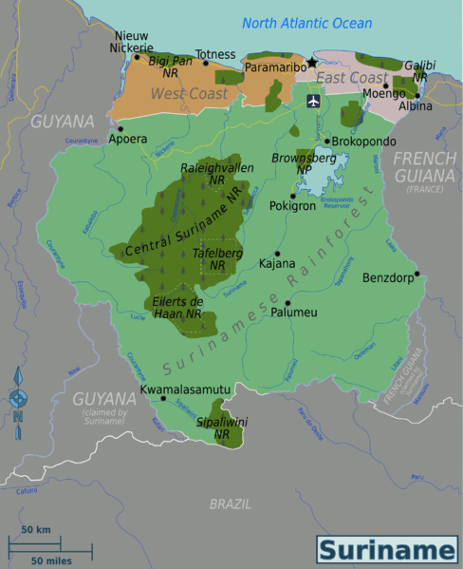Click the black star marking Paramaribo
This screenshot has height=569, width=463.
point(311,63)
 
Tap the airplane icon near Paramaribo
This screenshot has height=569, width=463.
point(313,100)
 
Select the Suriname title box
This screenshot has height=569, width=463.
point(386,550)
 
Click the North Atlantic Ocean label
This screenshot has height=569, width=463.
point(306,23)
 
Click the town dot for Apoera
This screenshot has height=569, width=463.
point(120,128)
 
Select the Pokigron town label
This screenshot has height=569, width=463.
point(292,205)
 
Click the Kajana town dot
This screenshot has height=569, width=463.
point(277,254)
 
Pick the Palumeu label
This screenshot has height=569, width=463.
point(293,312)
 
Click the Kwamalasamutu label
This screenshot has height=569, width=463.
point(185,389)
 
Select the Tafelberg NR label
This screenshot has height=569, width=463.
point(217,259)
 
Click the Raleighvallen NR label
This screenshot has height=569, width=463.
point(216,173)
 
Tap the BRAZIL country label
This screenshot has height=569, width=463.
point(230,503)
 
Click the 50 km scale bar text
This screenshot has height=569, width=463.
point(36,529)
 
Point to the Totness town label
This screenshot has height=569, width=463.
point(214,55)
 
